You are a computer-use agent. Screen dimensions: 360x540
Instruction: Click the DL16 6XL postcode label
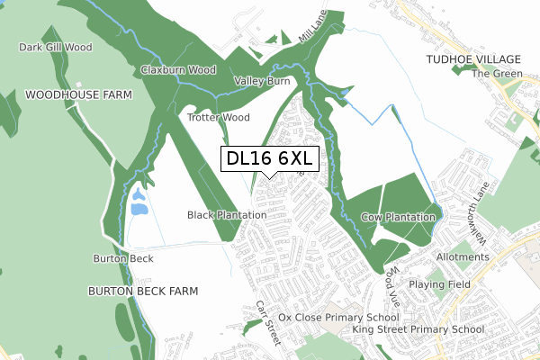click(269, 159)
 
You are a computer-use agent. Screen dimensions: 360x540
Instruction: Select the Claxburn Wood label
click(177, 70)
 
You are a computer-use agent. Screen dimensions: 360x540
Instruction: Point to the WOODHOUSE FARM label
click(78, 94)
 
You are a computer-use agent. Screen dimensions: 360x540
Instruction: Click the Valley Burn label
click(262, 81)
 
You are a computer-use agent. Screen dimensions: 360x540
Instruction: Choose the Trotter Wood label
click(218, 117)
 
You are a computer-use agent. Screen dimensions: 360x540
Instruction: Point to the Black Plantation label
click(227, 215)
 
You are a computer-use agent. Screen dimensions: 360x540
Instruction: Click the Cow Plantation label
click(399, 218)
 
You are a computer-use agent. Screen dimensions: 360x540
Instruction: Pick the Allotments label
click(462, 257)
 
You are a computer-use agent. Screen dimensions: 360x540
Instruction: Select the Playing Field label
click(439, 283)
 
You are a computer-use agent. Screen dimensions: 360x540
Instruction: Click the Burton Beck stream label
click(123, 258)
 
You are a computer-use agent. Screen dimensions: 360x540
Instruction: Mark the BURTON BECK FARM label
click(142, 292)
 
